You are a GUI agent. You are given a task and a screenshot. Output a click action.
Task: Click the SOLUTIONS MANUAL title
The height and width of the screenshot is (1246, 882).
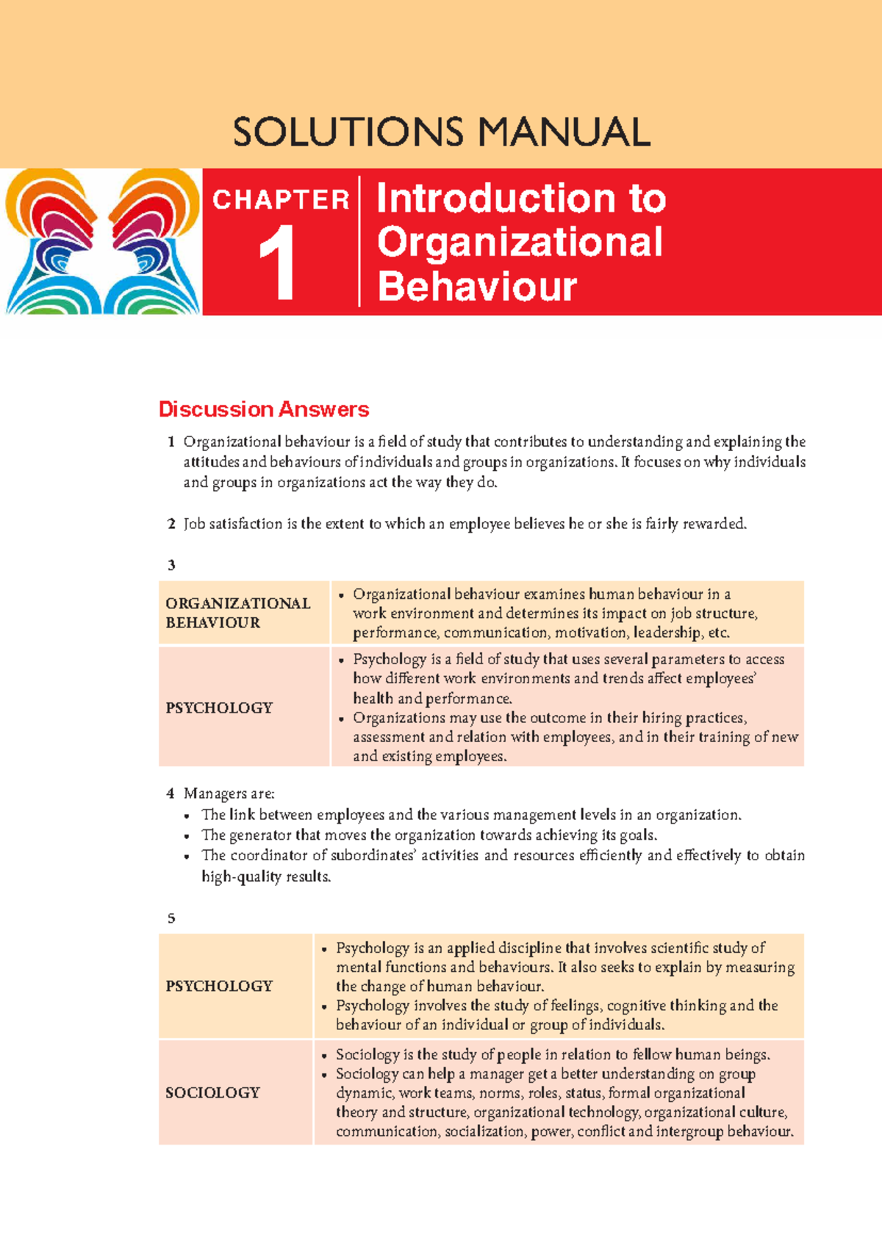point(441,132)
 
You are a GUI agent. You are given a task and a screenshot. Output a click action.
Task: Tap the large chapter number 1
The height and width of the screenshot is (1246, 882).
point(277,263)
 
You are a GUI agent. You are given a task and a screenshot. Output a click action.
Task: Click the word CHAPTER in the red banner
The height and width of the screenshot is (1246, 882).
point(281,200)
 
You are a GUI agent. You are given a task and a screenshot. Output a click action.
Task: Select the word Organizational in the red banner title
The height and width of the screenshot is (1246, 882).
point(520,242)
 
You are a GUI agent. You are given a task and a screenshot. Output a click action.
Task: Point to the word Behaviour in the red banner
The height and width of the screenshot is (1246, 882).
point(477,287)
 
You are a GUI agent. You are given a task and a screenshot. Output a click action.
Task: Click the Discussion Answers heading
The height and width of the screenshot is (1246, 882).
point(264,409)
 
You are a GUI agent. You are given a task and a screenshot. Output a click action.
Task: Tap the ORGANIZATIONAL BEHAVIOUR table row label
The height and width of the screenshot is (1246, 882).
point(238,613)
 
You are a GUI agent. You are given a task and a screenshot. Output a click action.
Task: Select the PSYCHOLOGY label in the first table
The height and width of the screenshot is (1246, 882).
point(219,707)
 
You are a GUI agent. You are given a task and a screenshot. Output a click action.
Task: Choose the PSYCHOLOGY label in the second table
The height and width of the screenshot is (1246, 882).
point(219,986)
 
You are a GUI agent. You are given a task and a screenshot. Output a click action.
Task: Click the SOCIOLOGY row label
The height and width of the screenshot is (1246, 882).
point(212,1092)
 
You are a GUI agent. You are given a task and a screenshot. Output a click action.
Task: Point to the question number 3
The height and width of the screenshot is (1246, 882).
point(171,565)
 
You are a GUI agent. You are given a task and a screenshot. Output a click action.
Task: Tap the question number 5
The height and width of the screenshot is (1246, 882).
point(171,918)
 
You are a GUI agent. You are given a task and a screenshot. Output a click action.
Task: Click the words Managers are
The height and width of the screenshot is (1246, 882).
point(229,793)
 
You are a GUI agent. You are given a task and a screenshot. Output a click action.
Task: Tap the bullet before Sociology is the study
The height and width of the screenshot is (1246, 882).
point(324,1056)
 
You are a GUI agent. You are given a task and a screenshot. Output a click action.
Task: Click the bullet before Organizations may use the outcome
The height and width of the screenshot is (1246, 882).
point(341,719)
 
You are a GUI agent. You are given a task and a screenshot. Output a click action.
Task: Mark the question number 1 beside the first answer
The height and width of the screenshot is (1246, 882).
point(171,442)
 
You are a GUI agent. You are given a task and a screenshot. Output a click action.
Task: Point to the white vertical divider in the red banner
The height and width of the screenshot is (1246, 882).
point(359,241)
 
